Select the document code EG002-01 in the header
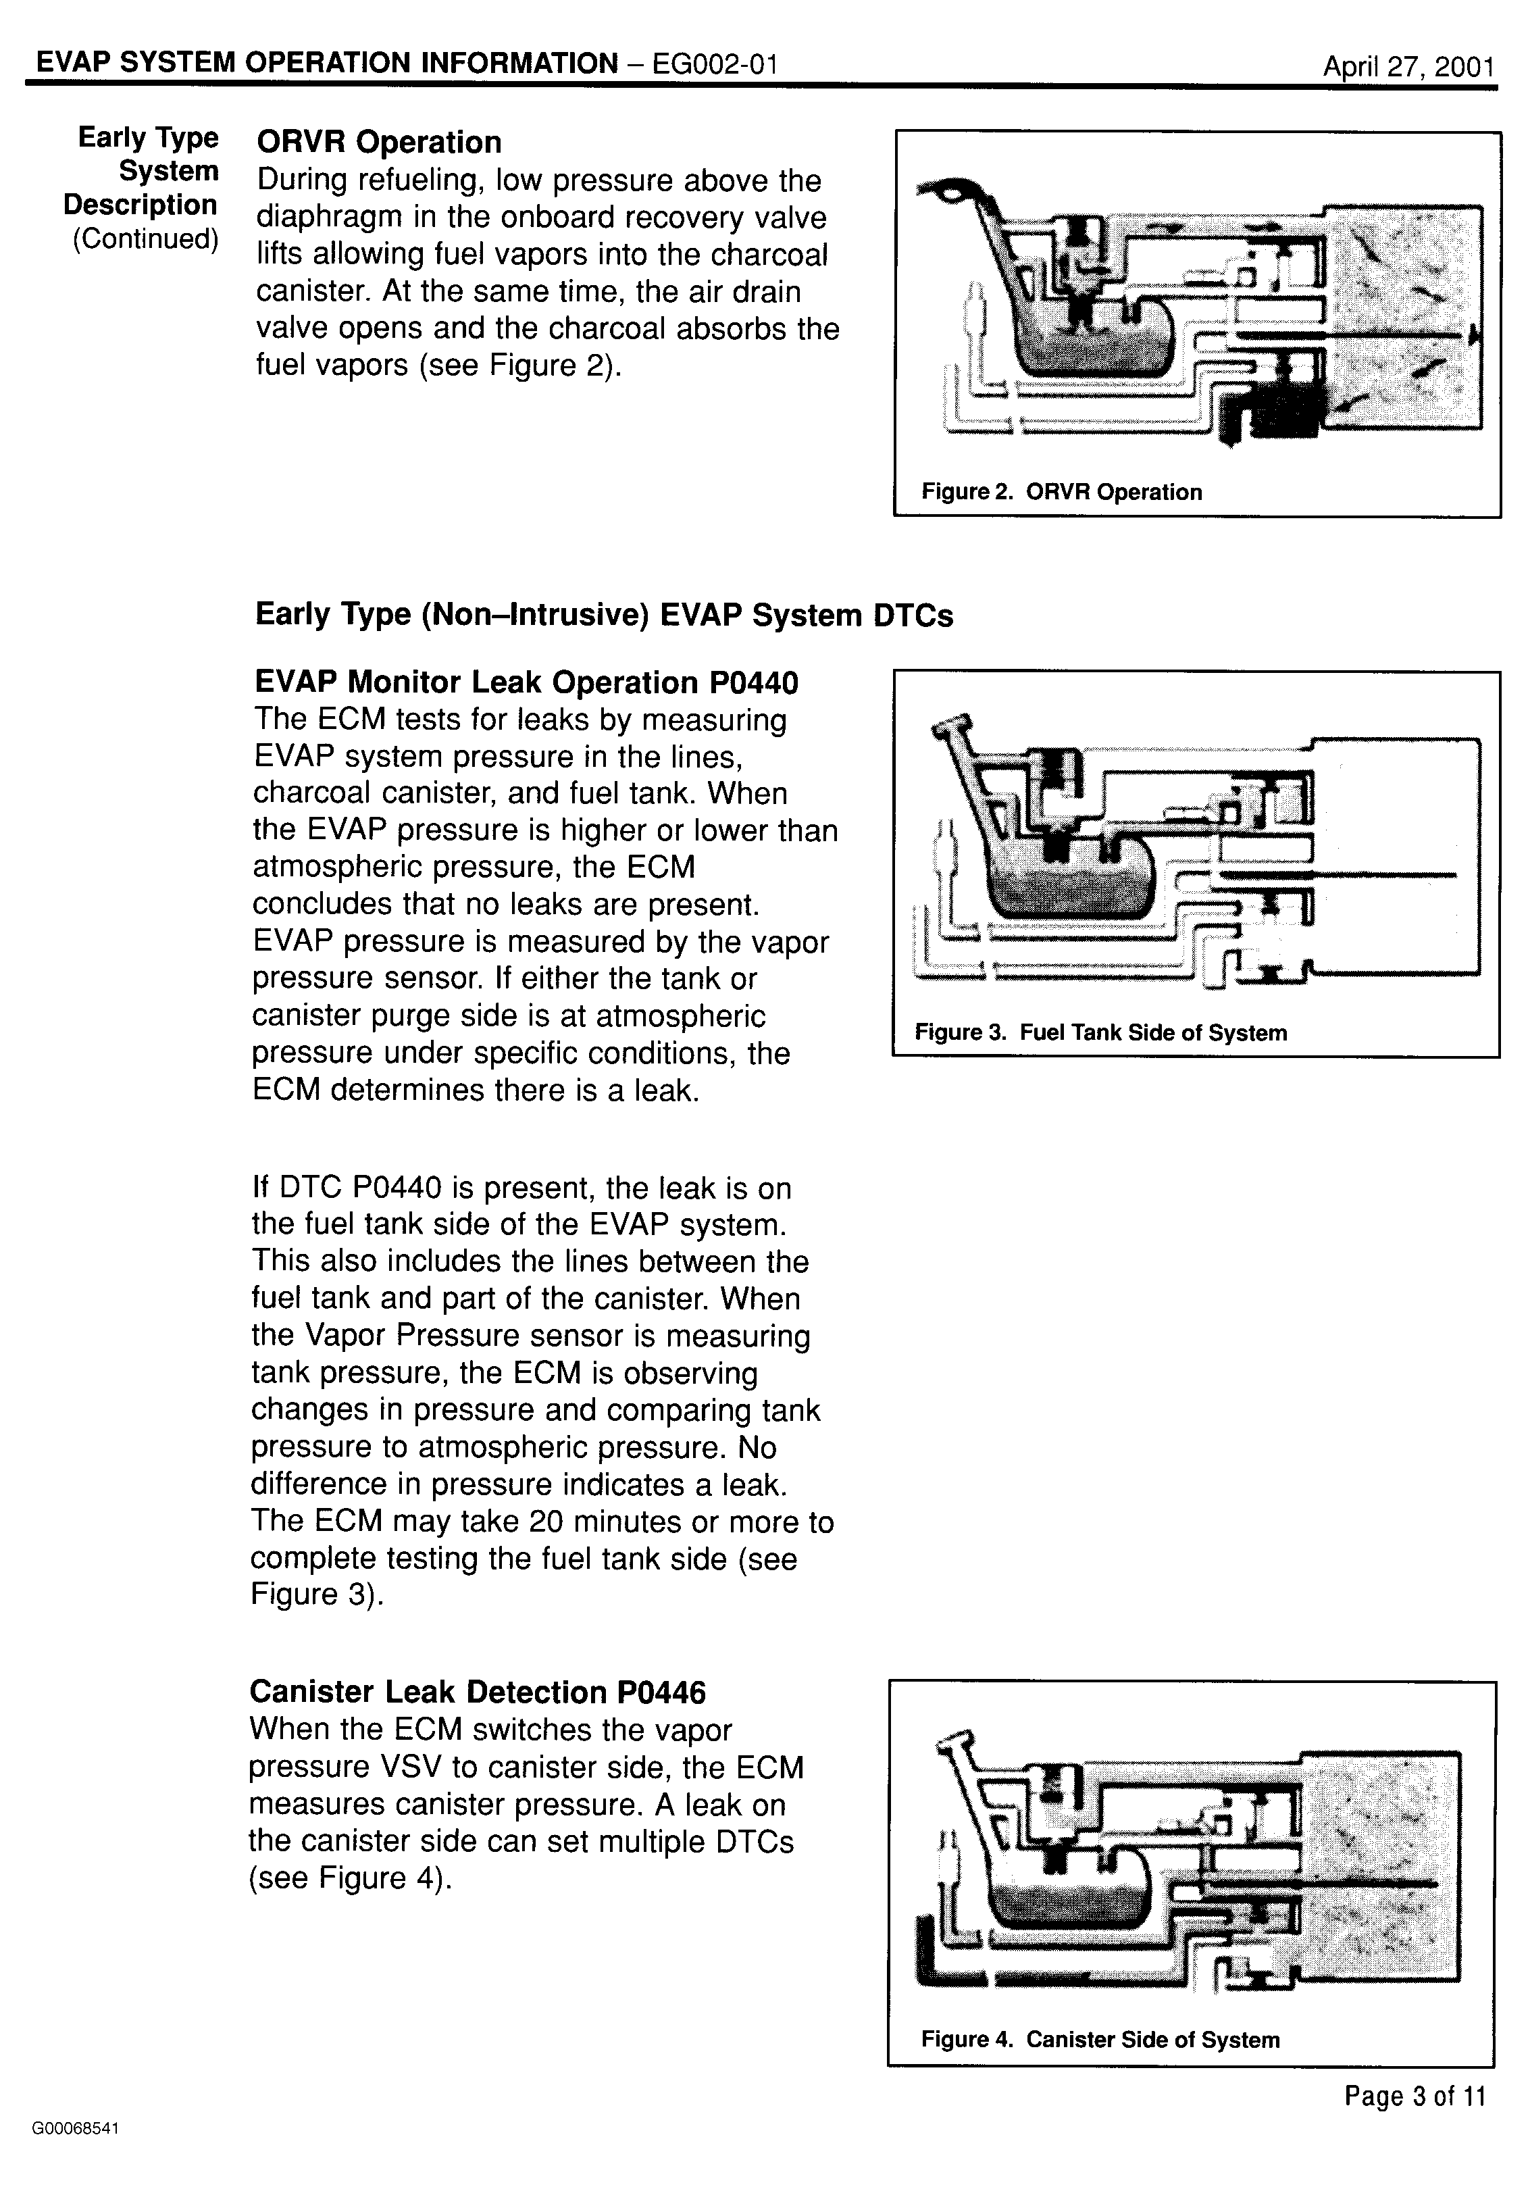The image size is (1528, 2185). (715, 64)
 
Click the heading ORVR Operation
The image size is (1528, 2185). (379, 142)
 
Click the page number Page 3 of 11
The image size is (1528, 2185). (1414, 2096)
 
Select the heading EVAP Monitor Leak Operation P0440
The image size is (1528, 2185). (526, 682)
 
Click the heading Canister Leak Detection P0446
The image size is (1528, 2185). (478, 1692)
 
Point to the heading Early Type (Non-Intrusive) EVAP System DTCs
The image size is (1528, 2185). (604, 615)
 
